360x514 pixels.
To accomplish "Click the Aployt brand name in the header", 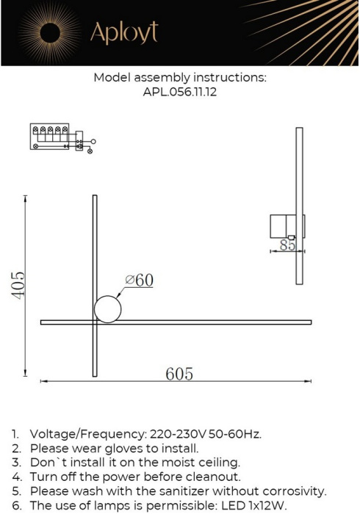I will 123,32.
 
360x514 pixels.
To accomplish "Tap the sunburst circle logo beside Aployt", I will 50,32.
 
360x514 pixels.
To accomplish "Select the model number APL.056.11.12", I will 180,93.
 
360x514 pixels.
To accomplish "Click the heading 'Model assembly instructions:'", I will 180,77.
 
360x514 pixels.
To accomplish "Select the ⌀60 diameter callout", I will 139,280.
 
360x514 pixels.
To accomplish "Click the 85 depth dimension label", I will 287,245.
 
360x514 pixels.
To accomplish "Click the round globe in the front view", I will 107,308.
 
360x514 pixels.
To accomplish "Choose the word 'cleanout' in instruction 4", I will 210,477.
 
